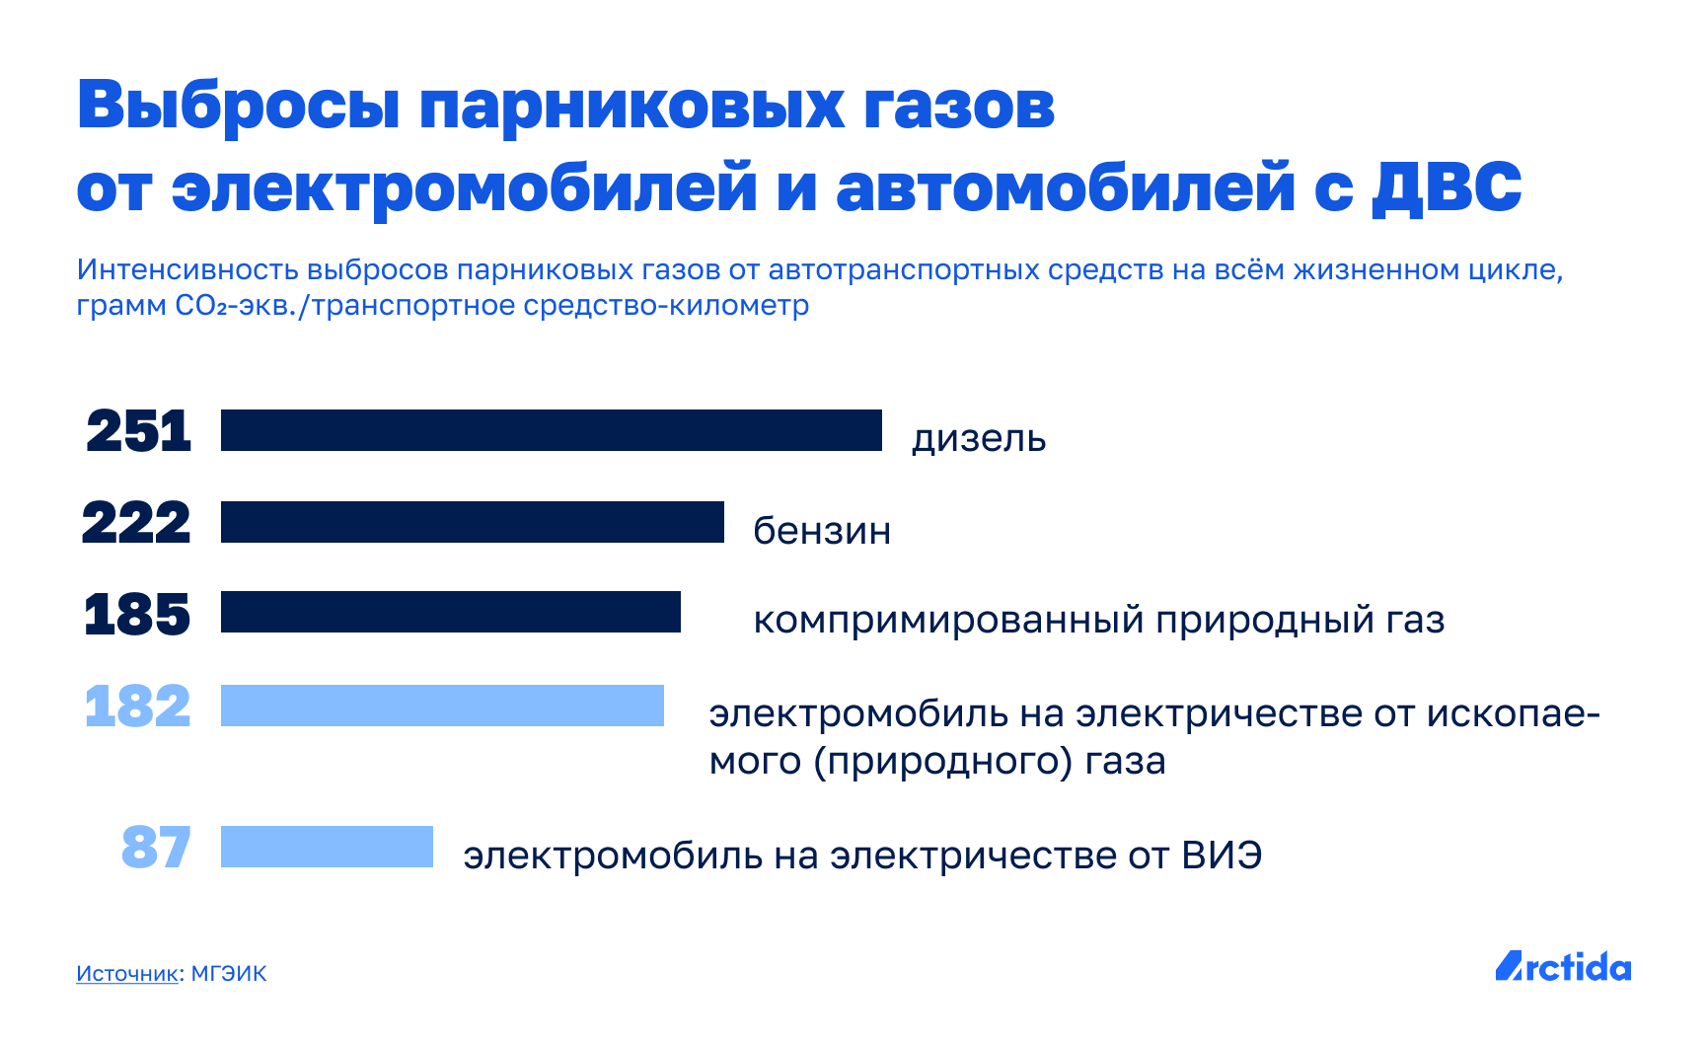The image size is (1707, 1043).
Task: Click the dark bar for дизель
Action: pos(552,430)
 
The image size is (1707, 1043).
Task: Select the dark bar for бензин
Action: pos(473,522)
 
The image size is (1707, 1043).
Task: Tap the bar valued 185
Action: pos(451,612)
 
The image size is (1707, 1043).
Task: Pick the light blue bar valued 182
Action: pos(442,706)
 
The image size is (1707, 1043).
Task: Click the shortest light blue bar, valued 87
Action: pos(327,847)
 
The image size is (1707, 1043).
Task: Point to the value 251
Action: pos(138,431)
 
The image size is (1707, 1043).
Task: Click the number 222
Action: pos(136,523)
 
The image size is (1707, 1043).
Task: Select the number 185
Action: pos(137,614)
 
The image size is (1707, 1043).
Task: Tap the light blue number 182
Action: pos(137,707)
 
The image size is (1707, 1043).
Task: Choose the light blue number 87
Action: pos(156,848)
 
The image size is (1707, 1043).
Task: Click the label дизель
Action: pos(979,439)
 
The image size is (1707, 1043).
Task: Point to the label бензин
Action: pos(822,531)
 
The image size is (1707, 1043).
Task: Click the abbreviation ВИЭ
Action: pos(1222,856)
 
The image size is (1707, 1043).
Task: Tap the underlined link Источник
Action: pos(127,974)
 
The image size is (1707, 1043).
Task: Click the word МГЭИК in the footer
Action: pos(229,974)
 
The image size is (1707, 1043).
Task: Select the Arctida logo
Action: pos(1563,966)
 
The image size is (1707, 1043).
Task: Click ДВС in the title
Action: pos(1447,187)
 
